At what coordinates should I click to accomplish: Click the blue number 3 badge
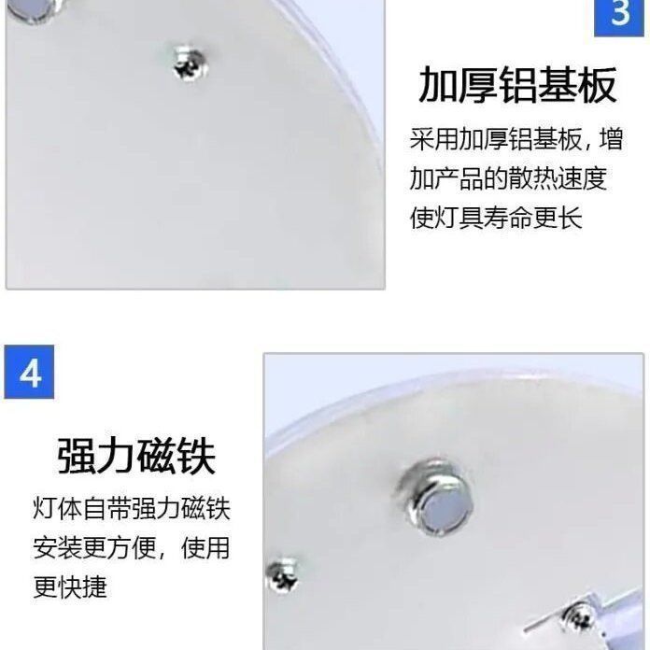pos(620,16)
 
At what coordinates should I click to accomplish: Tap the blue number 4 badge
pos(30,372)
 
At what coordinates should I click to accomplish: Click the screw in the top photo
pos(191,64)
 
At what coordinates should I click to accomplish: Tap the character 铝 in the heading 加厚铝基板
pos(516,85)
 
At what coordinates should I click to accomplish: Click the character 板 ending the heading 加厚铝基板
pos(598,85)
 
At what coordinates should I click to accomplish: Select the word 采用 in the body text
pos(433,141)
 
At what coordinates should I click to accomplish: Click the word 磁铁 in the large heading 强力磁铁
pos(177,456)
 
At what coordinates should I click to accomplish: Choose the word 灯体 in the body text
pos(57,509)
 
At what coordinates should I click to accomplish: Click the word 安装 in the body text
pos(57,548)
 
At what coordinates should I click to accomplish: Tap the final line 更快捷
pos(70,586)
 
